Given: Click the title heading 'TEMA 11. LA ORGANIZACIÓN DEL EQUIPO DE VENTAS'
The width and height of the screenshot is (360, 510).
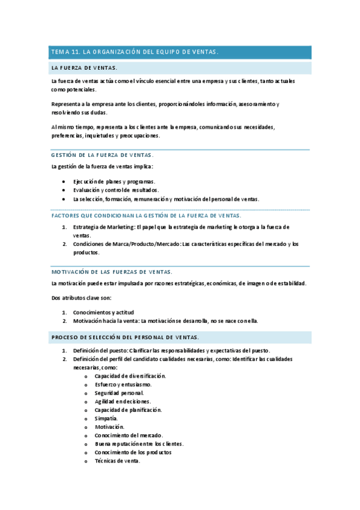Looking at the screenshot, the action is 134,52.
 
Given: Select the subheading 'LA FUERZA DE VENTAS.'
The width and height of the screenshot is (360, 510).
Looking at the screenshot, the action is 84,68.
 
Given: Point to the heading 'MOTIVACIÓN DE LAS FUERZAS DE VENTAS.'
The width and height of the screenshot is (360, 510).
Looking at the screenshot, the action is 112,271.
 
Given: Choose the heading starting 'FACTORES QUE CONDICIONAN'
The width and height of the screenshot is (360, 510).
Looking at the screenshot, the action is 138,215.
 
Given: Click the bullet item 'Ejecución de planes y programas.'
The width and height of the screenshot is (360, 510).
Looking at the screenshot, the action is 114,181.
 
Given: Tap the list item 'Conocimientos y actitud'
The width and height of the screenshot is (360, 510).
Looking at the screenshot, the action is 103,312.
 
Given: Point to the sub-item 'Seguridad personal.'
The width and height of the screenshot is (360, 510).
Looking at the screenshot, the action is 119,393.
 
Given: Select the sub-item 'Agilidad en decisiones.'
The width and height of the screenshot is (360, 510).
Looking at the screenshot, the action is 123,401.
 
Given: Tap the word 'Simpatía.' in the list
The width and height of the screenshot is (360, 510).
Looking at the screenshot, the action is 106,418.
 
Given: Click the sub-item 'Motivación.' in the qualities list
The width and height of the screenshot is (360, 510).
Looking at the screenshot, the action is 109,427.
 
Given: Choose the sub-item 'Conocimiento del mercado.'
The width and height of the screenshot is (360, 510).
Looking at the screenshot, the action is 129,435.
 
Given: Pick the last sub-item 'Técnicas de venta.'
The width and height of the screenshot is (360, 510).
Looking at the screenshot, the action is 117,461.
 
